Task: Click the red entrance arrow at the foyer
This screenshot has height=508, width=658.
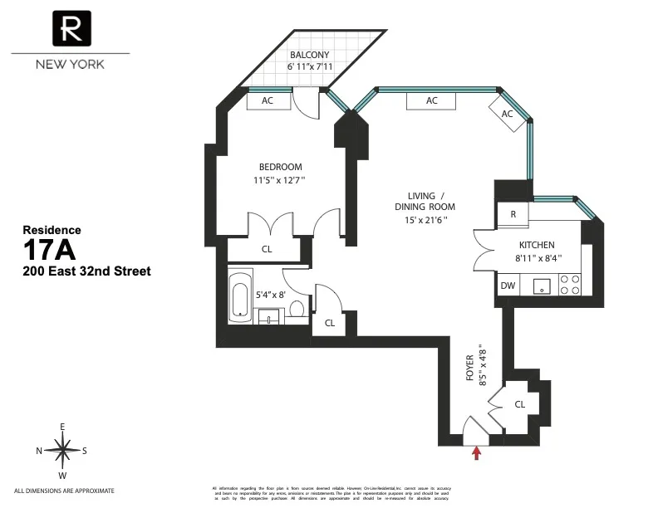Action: point(477,452)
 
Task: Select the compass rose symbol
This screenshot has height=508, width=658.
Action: point(63,451)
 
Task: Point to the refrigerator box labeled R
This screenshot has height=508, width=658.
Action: point(513,214)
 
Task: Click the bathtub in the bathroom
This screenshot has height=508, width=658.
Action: point(241,296)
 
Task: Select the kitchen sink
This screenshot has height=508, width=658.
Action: point(542,286)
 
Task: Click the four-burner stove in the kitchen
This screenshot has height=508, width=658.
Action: point(571,286)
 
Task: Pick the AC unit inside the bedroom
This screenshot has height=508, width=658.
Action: point(268,100)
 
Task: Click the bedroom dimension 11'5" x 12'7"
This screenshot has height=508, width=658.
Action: point(279,180)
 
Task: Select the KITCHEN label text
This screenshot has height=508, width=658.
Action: point(537,245)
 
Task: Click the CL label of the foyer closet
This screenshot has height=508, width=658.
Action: point(520,404)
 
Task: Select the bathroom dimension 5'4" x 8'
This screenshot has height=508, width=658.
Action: point(272,293)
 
